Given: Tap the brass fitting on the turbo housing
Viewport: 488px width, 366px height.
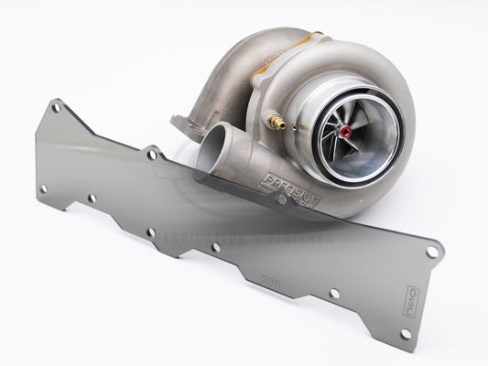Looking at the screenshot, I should coord(277,121).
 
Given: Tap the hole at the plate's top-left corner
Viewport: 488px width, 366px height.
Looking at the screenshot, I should coord(57,108).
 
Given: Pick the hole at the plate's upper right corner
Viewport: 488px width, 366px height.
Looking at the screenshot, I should coord(431,249).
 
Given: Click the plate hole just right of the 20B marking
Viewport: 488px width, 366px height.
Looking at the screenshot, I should coord(334,293).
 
